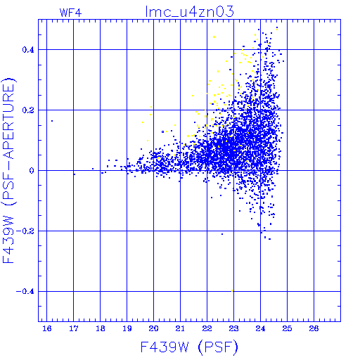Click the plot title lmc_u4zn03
coord(190,11)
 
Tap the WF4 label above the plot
coord(70,13)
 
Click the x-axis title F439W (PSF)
coord(189,347)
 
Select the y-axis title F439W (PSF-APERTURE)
coord(8,171)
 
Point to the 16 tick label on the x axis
coord(47,328)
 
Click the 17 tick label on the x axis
coord(74,328)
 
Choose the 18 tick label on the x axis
coord(101,328)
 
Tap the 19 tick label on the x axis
coord(127,328)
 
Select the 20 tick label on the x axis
coord(154,328)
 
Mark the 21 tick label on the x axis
coord(180,328)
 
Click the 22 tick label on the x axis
coord(207,328)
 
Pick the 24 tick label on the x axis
coord(260,328)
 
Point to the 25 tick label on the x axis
coord(287,328)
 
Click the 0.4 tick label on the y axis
coord(28,50)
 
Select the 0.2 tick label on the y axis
coord(28,110)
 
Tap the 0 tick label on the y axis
coord(32,171)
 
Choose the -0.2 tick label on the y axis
coord(25,231)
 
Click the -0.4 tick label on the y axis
coord(25,292)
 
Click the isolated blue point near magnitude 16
coord(52,121)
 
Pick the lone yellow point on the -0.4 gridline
coord(232,291)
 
